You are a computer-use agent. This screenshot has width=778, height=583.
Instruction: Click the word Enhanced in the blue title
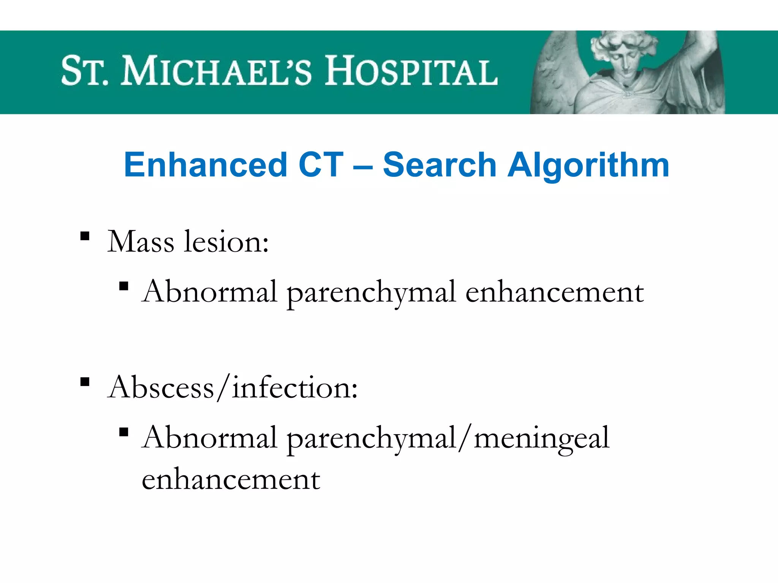pos(205,165)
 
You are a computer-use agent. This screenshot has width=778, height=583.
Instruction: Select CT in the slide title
pos(321,165)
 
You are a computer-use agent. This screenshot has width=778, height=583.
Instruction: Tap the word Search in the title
pos(440,165)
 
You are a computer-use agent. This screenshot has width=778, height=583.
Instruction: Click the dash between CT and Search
pos(363,167)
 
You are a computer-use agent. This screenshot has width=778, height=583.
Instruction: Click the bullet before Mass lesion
pos(85,236)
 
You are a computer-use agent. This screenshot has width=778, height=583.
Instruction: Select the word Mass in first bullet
pos(141,242)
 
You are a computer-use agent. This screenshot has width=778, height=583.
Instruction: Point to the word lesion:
pos(226,242)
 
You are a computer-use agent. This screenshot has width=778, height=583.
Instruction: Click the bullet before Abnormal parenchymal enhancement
pos(123,286)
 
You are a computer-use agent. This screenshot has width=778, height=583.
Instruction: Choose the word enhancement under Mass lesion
pos(555,292)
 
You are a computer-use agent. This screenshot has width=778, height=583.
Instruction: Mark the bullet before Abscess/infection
pos(85,381)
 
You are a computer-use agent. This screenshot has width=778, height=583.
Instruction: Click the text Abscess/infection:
pos(232,388)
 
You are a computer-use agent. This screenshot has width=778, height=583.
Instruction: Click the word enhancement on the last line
pos(231,479)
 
